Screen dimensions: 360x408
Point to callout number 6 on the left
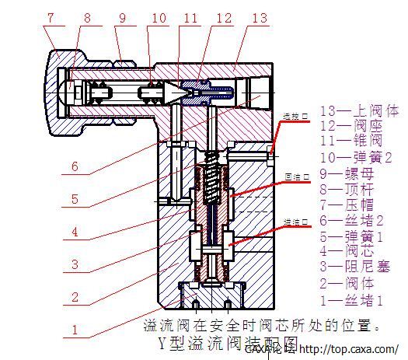74,166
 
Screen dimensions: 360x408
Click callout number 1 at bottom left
73,330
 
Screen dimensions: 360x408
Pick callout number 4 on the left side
73,232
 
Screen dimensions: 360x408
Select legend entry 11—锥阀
347,140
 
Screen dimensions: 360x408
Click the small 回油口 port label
295,177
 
